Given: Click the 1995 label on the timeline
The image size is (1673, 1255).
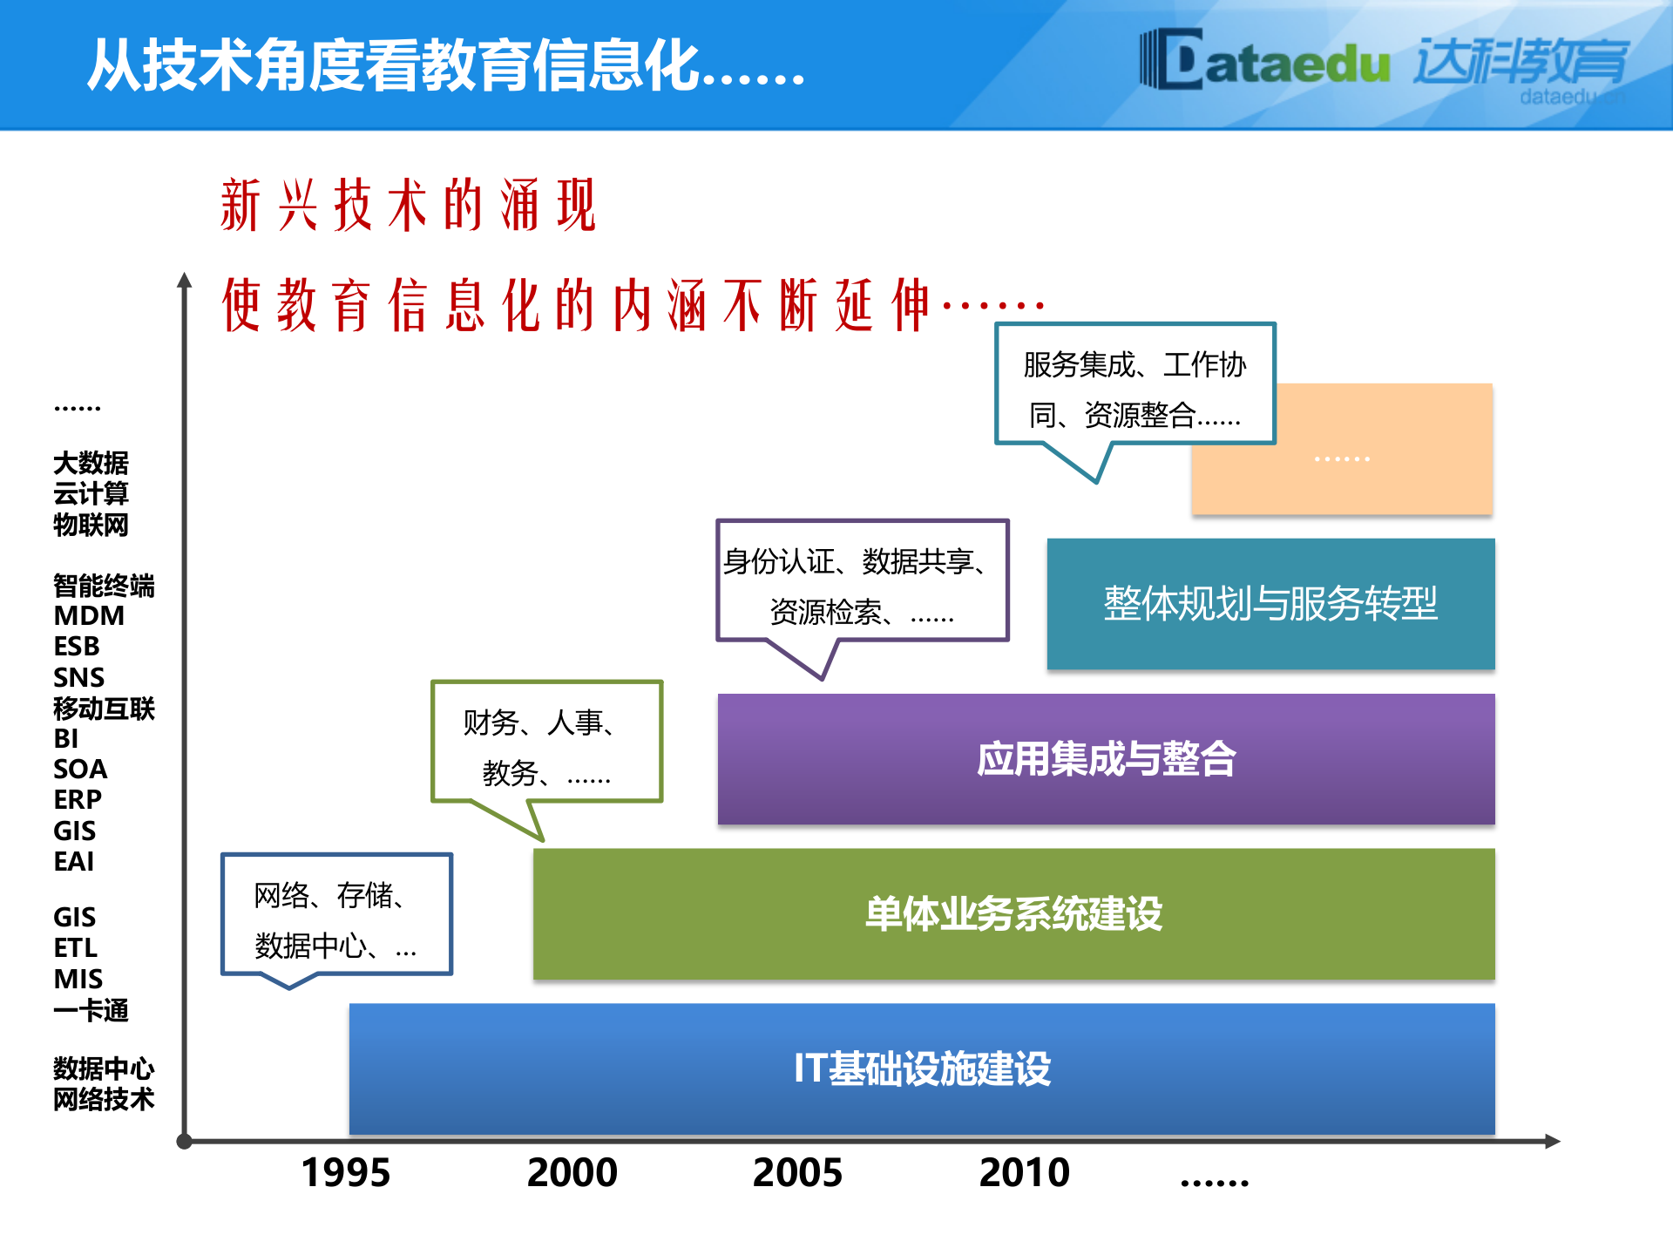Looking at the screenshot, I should [345, 1172].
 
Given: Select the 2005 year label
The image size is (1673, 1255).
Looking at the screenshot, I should [797, 1172].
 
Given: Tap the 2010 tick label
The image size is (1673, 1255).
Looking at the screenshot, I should [1024, 1172].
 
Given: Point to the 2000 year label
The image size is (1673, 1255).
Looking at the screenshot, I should [572, 1172].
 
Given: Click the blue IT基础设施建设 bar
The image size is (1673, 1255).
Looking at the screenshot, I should [922, 1068].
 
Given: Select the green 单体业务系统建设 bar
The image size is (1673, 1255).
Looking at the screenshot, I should [1013, 913].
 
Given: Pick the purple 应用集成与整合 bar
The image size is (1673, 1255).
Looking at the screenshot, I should [1106, 758].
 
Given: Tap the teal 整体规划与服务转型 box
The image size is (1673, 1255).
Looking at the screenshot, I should [1270, 603].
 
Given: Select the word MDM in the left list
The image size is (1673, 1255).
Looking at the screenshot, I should [89, 616].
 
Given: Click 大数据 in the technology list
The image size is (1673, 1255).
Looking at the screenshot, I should [91, 463].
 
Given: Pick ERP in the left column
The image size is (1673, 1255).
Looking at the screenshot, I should [78, 799].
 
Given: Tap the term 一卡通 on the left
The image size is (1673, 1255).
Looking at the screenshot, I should [91, 1010].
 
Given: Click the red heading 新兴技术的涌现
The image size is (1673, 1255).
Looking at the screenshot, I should [408, 206].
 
